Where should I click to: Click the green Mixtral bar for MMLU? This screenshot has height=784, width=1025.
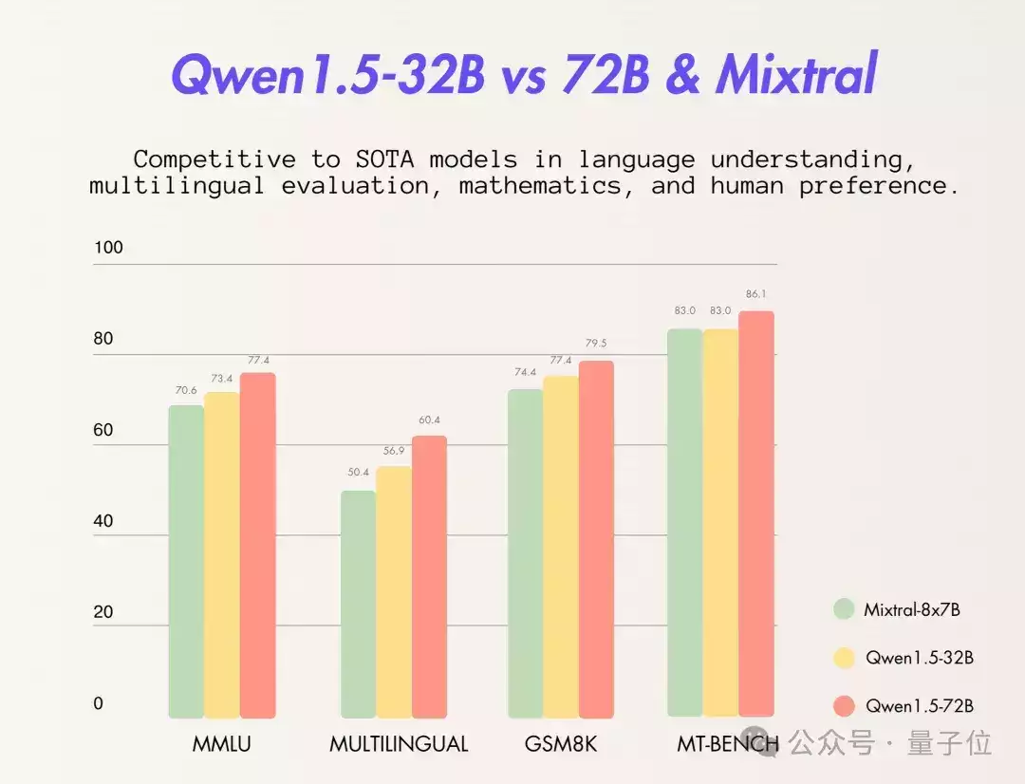click(186, 562)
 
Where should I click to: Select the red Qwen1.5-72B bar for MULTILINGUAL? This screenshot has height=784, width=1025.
click(430, 577)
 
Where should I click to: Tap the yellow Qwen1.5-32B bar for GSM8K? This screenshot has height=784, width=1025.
click(561, 547)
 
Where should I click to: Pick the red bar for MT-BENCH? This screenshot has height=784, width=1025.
click(756, 513)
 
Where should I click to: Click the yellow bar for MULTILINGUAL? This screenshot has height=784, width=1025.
click(394, 592)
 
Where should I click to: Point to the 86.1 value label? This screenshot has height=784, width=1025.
click(755, 294)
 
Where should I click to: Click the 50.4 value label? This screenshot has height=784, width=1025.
click(358, 472)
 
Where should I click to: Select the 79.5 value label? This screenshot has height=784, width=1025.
click(596, 344)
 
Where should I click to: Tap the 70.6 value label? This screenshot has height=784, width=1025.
click(186, 390)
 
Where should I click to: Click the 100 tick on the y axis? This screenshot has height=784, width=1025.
click(108, 247)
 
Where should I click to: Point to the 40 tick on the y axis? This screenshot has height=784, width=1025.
click(103, 521)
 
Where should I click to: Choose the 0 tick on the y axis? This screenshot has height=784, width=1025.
click(99, 703)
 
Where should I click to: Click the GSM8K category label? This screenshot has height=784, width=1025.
click(561, 744)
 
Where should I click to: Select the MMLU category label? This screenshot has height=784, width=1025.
click(221, 744)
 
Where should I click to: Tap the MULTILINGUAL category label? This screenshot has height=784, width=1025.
click(399, 744)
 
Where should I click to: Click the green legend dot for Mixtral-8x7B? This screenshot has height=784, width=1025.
click(844, 609)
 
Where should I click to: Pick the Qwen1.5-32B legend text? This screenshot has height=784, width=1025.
click(920, 658)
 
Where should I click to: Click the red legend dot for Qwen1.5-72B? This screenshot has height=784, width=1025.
click(844, 706)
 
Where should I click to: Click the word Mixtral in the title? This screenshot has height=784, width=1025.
click(797, 73)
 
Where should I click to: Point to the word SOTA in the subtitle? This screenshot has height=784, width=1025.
click(384, 159)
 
